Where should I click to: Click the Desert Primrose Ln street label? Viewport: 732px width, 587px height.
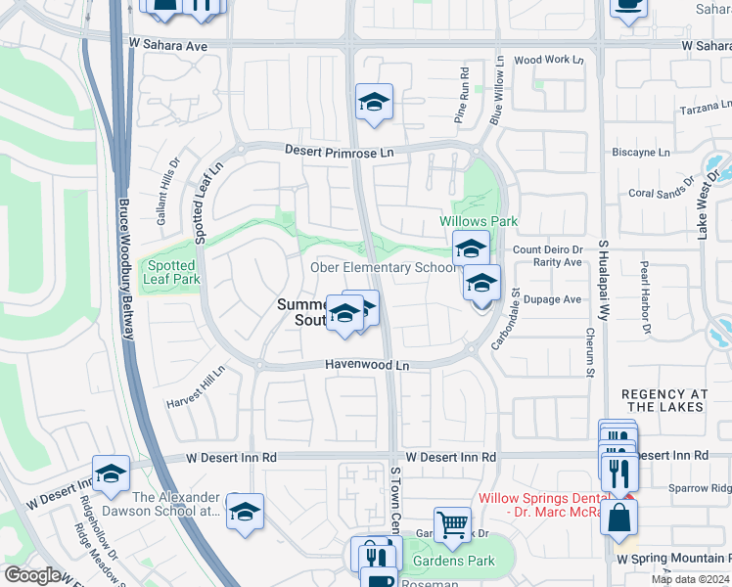coord(340,152)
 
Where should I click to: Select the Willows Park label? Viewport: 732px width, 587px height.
coord(479,222)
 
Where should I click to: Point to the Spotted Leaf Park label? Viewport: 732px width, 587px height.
coord(172,272)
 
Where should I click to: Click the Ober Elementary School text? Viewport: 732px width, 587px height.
coord(384,267)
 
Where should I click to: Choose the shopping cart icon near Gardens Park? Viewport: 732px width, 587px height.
coord(451,524)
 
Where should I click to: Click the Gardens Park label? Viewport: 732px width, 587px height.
coord(454,561)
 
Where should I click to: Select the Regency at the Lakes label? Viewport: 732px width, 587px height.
coord(663,400)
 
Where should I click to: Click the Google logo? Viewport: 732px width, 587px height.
coord(33,575)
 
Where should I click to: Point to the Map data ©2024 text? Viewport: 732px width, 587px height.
coord(690,579)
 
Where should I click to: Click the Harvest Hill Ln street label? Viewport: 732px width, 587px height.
coord(195,387)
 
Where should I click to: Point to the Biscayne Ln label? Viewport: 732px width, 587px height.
coord(641,153)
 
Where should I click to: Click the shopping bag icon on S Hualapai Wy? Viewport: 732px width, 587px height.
coord(619,518)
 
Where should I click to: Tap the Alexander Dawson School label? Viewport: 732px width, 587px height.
coord(176,504)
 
